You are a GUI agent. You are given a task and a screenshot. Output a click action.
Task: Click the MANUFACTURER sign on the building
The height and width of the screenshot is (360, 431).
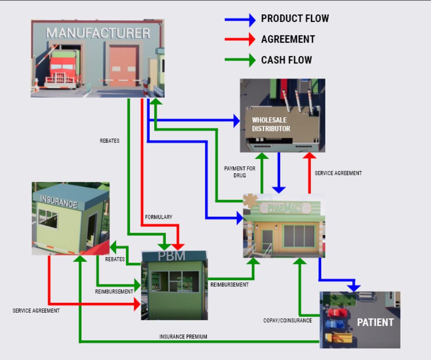tap(98, 33)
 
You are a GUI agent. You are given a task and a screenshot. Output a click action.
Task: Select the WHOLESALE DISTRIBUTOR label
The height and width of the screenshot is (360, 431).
tap(270, 124)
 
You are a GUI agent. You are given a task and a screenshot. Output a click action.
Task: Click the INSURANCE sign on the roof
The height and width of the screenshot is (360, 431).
tap(58, 202)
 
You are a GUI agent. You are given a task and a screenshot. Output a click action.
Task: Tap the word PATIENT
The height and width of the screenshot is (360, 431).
tap(375, 322)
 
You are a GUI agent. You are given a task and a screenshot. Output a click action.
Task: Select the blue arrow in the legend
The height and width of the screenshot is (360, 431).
tap(240, 19)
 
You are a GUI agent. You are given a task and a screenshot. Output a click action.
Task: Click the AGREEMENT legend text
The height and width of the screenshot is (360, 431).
tap(288, 40)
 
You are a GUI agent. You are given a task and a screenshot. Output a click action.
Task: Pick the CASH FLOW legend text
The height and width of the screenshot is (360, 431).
tap(286, 60)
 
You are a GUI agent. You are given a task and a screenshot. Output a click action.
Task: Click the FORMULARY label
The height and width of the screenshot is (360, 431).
tap(159, 217)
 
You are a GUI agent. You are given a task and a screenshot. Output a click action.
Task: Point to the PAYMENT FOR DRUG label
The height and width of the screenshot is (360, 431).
tap(240, 172)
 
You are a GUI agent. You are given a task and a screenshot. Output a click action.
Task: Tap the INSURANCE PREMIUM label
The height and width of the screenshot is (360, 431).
tap(183, 337)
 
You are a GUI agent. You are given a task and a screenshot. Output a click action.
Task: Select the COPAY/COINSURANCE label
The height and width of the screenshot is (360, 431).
tap(288, 320)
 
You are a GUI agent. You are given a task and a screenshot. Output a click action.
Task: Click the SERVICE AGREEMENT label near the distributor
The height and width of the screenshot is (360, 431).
tap(338, 173)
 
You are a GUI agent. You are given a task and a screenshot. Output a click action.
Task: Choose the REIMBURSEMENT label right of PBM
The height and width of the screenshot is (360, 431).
tap(229, 285)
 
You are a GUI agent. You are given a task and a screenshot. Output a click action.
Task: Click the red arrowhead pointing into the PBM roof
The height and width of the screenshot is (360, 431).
tap(178, 246)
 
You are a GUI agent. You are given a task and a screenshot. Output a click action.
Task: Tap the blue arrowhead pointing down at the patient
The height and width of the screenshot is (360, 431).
tap(354, 287)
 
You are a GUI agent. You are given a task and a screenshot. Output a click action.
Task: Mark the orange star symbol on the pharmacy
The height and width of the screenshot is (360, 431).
tap(251, 200)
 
